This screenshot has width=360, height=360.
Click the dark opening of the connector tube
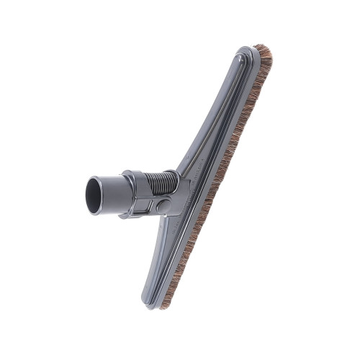(94, 196)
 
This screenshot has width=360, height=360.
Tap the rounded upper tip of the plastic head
(245, 52)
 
